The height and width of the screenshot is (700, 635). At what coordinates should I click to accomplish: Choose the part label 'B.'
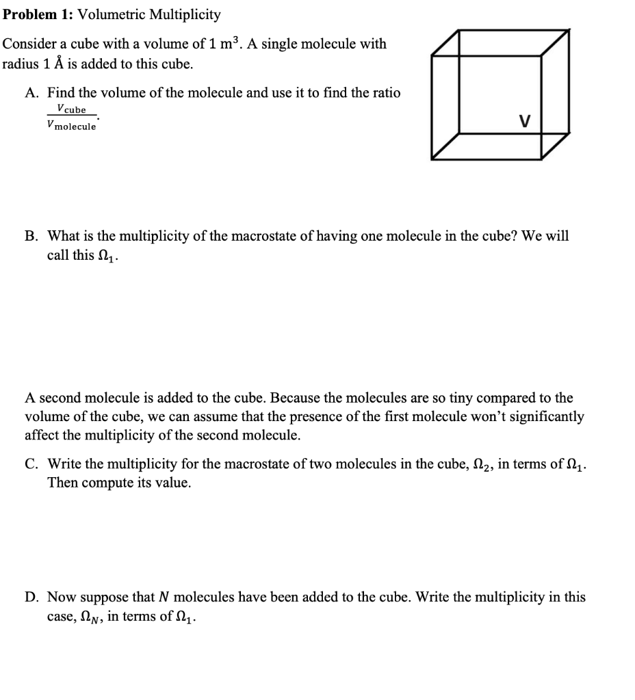click(x=33, y=237)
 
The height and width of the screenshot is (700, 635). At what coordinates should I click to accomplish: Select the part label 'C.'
click(x=33, y=465)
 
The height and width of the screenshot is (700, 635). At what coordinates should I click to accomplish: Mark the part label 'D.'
click(x=33, y=597)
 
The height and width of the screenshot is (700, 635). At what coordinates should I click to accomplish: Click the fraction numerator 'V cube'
click(x=72, y=109)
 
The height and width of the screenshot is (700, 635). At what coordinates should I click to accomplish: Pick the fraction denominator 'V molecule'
click(x=72, y=126)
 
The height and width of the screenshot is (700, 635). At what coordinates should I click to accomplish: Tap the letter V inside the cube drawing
click(x=524, y=122)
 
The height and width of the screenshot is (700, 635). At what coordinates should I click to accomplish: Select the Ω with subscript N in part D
click(x=89, y=617)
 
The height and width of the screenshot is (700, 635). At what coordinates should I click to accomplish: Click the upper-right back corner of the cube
click(x=569, y=31)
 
